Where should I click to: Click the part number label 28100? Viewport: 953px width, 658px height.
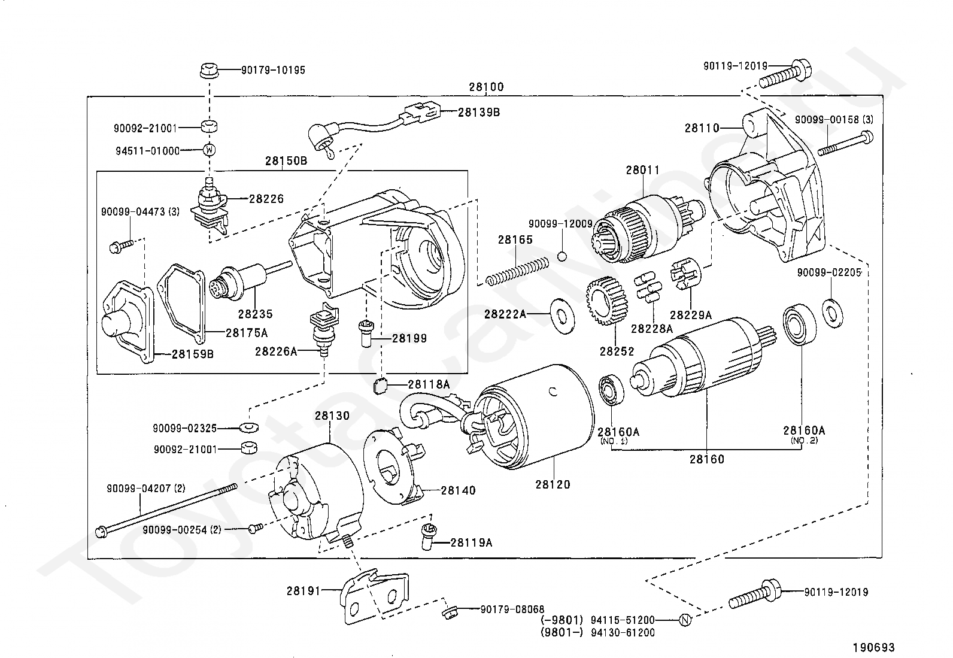486,87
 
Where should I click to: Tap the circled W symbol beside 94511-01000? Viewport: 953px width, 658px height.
209,150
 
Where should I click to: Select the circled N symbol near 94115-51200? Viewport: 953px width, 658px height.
685,620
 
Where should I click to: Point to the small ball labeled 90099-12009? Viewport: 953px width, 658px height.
562,257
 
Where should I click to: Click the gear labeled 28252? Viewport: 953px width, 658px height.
607,302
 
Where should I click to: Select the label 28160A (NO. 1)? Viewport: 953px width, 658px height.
618,431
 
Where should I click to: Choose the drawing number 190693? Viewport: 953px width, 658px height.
873,647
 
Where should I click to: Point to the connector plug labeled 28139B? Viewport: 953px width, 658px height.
423,111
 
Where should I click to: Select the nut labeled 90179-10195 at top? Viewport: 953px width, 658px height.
208,70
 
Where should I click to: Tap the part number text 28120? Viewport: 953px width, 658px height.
553,484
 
